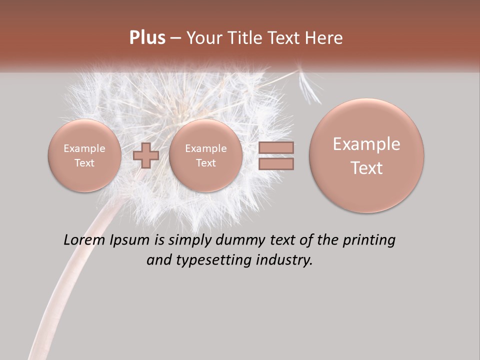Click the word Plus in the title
(x=147, y=38)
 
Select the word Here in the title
(x=325, y=38)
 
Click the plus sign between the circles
(x=146, y=155)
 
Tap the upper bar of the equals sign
(x=275, y=147)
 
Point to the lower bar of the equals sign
(x=275, y=163)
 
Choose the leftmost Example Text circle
(x=84, y=155)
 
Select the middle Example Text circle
(x=205, y=155)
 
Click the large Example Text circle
(x=366, y=155)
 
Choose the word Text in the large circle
(x=366, y=168)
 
